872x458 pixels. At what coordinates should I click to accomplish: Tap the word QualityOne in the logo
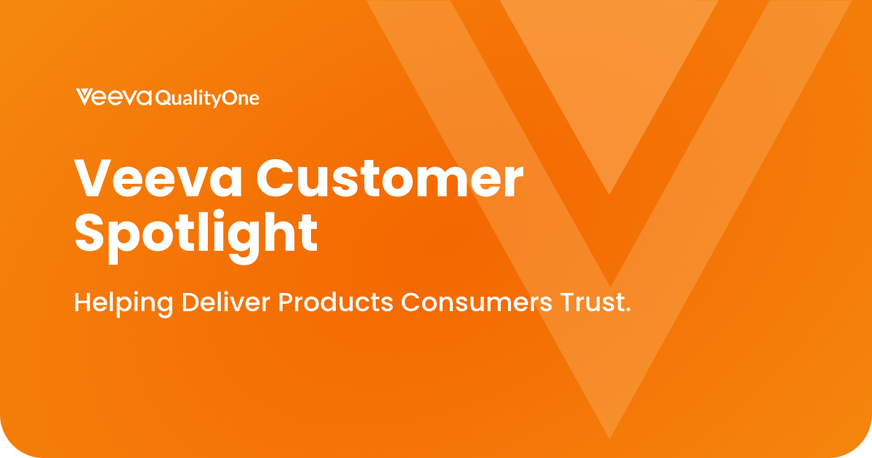tap(207, 99)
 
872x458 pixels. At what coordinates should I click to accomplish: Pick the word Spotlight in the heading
tap(196, 233)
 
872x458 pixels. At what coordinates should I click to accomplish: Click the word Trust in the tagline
tap(592, 302)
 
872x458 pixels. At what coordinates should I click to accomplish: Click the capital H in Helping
tap(83, 302)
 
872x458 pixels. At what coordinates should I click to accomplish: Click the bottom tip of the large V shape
tap(610, 435)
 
